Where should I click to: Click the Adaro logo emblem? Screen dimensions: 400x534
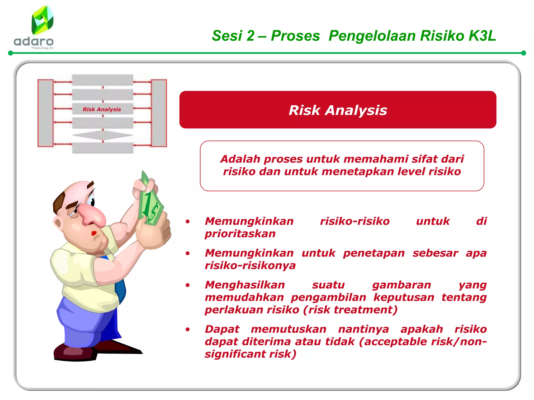(x=42, y=21)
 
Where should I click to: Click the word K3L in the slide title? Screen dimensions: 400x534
(x=482, y=36)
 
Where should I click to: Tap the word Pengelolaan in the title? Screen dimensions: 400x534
(x=372, y=36)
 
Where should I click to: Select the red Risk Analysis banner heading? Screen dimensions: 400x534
(x=338, y=110)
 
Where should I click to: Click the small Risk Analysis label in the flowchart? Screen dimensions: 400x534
(x=102, y=109)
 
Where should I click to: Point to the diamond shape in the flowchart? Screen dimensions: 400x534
(x=103, y=135)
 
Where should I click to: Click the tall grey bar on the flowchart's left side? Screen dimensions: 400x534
(x=46, y=113)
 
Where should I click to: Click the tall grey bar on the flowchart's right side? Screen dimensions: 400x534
(x=159, y=113)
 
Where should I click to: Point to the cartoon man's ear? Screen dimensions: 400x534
(x=58, y=223)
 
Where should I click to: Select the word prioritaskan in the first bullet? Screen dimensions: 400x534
(x=240, y=234)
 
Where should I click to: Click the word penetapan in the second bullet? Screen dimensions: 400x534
(x=374, y=253)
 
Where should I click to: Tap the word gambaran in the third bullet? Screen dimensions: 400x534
(x=402, y=285)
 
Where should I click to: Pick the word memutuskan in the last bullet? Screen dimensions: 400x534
(x=289, y=329)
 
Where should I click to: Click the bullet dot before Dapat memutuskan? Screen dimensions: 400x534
(x=187, y=329)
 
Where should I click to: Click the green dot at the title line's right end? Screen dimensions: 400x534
(x=523, y=53)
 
